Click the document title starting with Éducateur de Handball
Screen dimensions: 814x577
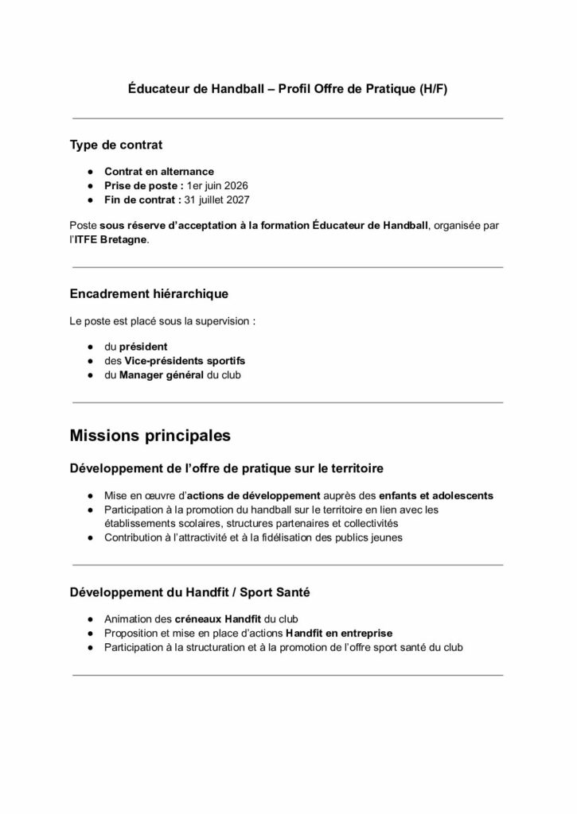tap(288, 90)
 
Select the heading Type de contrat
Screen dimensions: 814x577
tap(116, 145)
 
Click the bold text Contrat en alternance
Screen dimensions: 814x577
tap(159, 171)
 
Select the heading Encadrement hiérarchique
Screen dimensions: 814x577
tap(149, 293)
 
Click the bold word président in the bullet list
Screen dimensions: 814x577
tap(143, 347)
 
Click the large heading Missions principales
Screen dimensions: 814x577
tap(150, 436)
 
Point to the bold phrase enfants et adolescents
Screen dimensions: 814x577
tap(435, 495)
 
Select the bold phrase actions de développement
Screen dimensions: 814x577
tap(252, 495)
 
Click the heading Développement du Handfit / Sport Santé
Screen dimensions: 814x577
tap(184, 592)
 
